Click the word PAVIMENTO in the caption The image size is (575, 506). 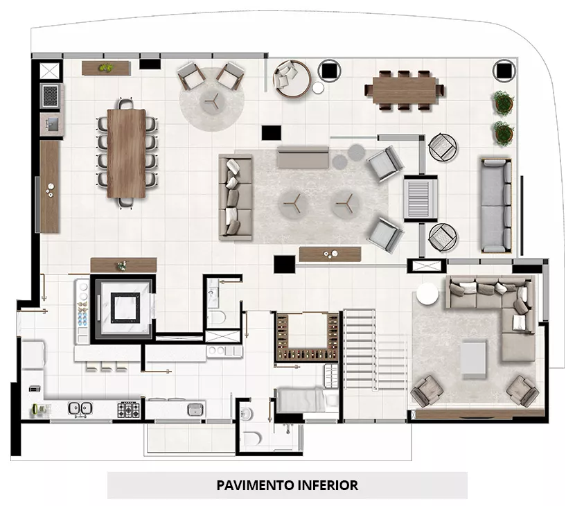click(x=255, y=485)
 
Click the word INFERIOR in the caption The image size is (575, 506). click(x=328, y=485)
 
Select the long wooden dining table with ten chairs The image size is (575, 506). click(x=127, y=154)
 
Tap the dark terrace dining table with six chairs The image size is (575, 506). click(x=405, y=90)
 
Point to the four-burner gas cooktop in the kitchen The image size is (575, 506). click(x=129, y=410)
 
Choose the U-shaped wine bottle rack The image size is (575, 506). click(x=307, y=336)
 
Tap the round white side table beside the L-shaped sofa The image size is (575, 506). click(x=427, y=294)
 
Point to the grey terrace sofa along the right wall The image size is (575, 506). click(x=496, y=205)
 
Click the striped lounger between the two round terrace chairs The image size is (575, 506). click(x=421, y=198)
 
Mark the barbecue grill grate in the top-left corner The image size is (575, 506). click(x=51, y=96)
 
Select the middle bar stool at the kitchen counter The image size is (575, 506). click(x=107, y=366)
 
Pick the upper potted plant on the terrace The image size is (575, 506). click(x=503, y=103)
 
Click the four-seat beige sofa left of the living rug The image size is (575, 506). click(x=236, y=198)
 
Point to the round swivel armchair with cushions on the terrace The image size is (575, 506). click(x=292, y=79)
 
